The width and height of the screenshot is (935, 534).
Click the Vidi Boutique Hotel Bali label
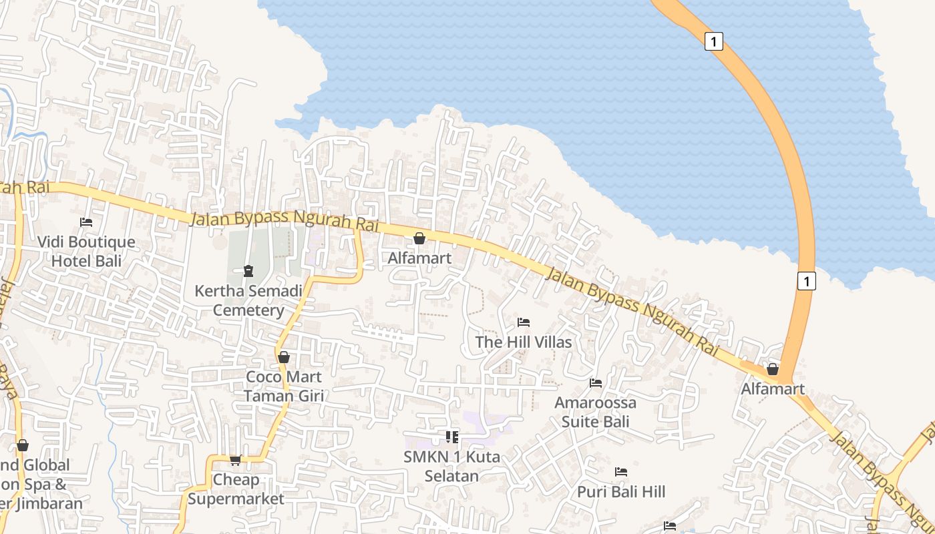point(86,251)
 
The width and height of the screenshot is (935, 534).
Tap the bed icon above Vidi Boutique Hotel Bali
point(86,222)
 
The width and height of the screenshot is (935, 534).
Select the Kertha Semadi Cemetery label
point(248,300)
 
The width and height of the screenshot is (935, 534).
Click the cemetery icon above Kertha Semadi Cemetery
point(248,271)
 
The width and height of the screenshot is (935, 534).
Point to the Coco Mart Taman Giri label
point(284,386)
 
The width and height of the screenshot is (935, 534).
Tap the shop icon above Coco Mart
point(284,357)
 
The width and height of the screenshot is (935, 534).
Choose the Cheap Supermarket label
point(236,489)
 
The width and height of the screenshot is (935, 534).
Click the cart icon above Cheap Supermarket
point(235,460)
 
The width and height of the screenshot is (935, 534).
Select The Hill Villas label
point(524,342)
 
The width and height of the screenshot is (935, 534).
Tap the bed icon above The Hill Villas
point(524,322)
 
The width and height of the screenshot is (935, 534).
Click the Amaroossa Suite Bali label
point(596,412)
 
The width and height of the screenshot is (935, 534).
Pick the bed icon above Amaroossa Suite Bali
point(596,383)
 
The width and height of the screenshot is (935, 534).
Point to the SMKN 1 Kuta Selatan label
point(452,466)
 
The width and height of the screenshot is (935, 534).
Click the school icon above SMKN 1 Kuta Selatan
point(452,437)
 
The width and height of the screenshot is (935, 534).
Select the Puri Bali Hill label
point(621,492)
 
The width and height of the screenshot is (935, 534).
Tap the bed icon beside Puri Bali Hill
point(621,472)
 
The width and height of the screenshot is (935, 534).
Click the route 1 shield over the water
point(714,41)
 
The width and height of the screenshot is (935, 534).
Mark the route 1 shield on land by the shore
point(807,281)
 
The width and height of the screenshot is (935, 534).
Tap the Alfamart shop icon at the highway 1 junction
point(773,369)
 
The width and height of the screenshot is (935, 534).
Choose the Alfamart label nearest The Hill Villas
point(419,258)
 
